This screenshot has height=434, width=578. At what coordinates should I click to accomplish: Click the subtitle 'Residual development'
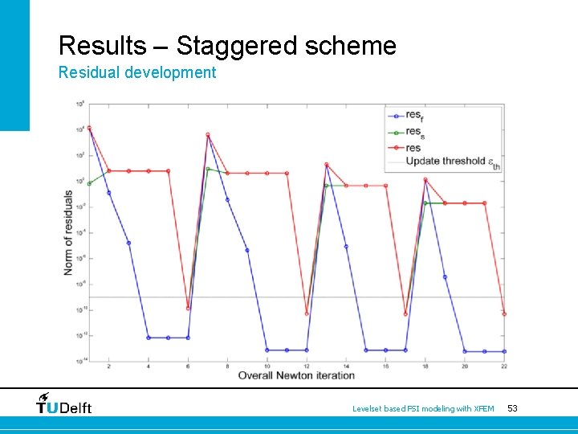click(x=137, y=73)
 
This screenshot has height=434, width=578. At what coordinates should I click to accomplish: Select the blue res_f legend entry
click(x=413, y=117)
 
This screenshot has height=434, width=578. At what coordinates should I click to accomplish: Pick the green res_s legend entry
click(x=413, y=132)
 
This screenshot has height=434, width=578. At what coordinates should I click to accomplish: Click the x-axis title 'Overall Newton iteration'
click(x=296, y=375)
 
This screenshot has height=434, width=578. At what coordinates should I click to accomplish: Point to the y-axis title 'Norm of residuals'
click(x=69, y=232)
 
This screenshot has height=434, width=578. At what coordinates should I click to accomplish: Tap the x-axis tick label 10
click(x=267, y=366)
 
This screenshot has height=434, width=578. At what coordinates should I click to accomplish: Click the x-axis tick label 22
click(x=504, y=366)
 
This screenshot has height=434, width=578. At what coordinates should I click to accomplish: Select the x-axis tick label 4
click(x=149, y=366)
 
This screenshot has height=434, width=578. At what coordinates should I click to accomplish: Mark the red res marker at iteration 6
click(x=188, y=308)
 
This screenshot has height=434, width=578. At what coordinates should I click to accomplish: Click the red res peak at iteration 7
click(x=208, y=135)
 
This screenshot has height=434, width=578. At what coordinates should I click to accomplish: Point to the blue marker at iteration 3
click(x=128, y=243)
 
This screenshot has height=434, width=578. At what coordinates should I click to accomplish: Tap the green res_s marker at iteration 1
click(x=89, y=184)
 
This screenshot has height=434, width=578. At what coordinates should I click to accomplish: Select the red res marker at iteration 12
click(x=307, y=313)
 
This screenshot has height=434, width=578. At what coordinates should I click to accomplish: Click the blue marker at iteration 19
click(x=445, y=277)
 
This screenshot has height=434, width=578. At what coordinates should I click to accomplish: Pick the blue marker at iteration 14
click(x=346, y=247)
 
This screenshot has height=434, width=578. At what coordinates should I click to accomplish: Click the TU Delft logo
click(x=64, y=404)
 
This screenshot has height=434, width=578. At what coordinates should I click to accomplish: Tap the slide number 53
click(x=512, y=409)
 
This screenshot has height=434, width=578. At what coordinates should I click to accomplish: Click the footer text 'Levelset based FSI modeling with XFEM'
click(x=424, y=409)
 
